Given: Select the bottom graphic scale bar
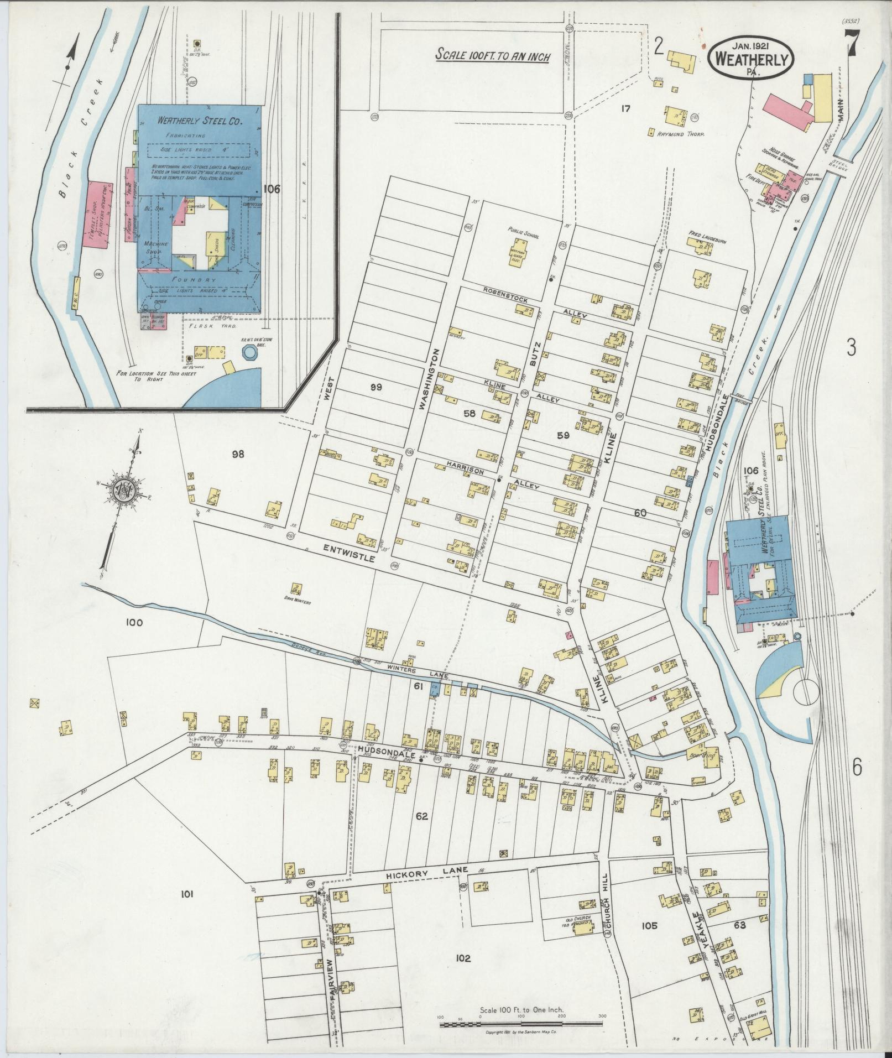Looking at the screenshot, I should [521, 1024].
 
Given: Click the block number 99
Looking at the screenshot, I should [376, 387].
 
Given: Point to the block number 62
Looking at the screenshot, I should [422, 816].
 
